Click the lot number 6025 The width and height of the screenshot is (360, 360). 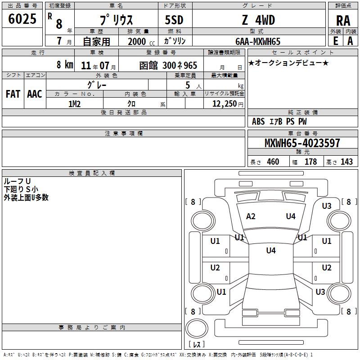pyautogui.click(x=22, y=19)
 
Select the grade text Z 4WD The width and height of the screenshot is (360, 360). pyautogui.click(x=258, y=20)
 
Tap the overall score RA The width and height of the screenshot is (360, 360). pyautogui.click(x=343, y=21)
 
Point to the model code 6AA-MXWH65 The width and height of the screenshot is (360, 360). pyautogui.click(x=258, y=41)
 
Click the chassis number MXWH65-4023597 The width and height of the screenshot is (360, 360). pyautogui.click(x=302, y=143)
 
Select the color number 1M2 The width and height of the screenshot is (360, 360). pyautogui.click(x=74, y=104)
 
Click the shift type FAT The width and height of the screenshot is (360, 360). pyautogui.click(x=13, y=94)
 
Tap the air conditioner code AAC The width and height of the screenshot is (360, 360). pyautogui.click(x=35, y=94)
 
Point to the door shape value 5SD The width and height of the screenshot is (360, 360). pyautogui.click(x=174, y=20)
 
